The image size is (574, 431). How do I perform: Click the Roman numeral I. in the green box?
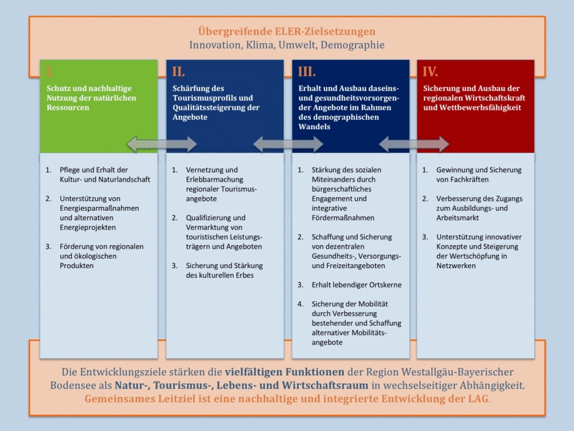coord(50,71)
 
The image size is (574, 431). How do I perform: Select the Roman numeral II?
coord(178,71)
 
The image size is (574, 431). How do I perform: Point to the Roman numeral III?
coord(307,71)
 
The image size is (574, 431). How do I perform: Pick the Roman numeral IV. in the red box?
coord(430,71)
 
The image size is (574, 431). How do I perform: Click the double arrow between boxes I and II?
coord(162,144)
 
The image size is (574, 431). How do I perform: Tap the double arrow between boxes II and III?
coord(288,144)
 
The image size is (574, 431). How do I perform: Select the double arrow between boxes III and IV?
coord(414,144)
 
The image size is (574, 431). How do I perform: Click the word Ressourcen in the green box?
coord(68,108)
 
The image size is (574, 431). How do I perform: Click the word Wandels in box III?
coord(314,127)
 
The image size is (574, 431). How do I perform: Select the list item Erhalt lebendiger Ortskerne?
coord(357,285)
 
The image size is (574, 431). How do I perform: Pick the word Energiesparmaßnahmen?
coord(100,209)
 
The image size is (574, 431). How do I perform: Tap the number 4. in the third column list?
coord(300,304)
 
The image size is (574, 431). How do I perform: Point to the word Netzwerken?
coord(456,266)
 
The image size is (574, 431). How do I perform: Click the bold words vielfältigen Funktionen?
coord(284,372)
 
